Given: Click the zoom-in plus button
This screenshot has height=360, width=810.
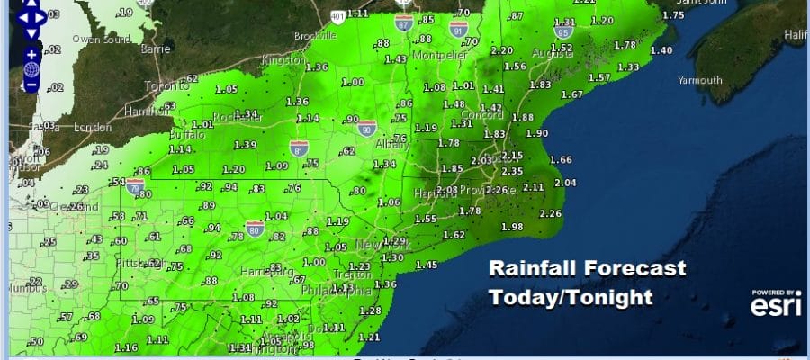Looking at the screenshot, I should (31, 55).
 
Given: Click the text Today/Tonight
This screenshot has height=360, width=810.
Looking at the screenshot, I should (570, 297).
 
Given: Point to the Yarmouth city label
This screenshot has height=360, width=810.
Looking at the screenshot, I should (702, 80).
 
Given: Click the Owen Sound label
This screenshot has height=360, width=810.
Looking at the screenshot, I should (100, 40).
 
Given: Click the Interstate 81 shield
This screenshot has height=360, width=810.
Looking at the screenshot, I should (298, 146).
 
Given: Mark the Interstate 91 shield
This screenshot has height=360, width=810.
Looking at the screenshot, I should (459, 30).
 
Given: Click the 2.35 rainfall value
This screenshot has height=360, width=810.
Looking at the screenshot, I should (512, 171).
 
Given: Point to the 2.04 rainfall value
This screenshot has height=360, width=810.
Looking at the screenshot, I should (565, 183).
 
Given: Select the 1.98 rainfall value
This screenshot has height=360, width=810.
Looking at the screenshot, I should (511, 226).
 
